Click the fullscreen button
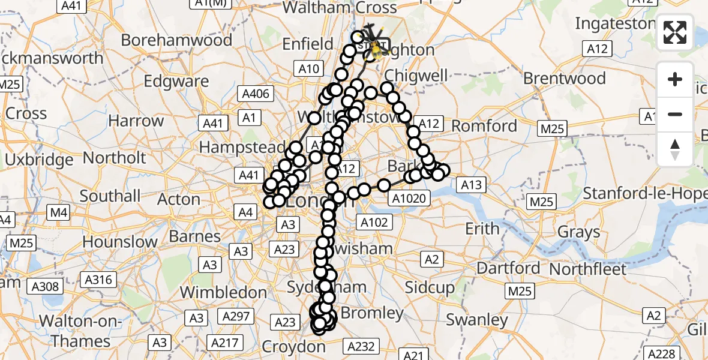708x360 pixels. (675, 33)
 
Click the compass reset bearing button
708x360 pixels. (675, 149)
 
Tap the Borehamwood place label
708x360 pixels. (176, 40)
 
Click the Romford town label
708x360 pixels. (484, 126)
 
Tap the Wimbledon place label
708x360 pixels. (223, 292)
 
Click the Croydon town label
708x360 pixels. (294, 347)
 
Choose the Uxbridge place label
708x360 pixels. (39, 160)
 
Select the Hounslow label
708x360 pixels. (120, 242)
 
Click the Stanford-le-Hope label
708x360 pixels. (645, 194)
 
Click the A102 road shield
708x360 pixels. (375, 223)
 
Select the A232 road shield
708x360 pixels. (362, 346)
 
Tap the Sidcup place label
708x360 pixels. (430, 287)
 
